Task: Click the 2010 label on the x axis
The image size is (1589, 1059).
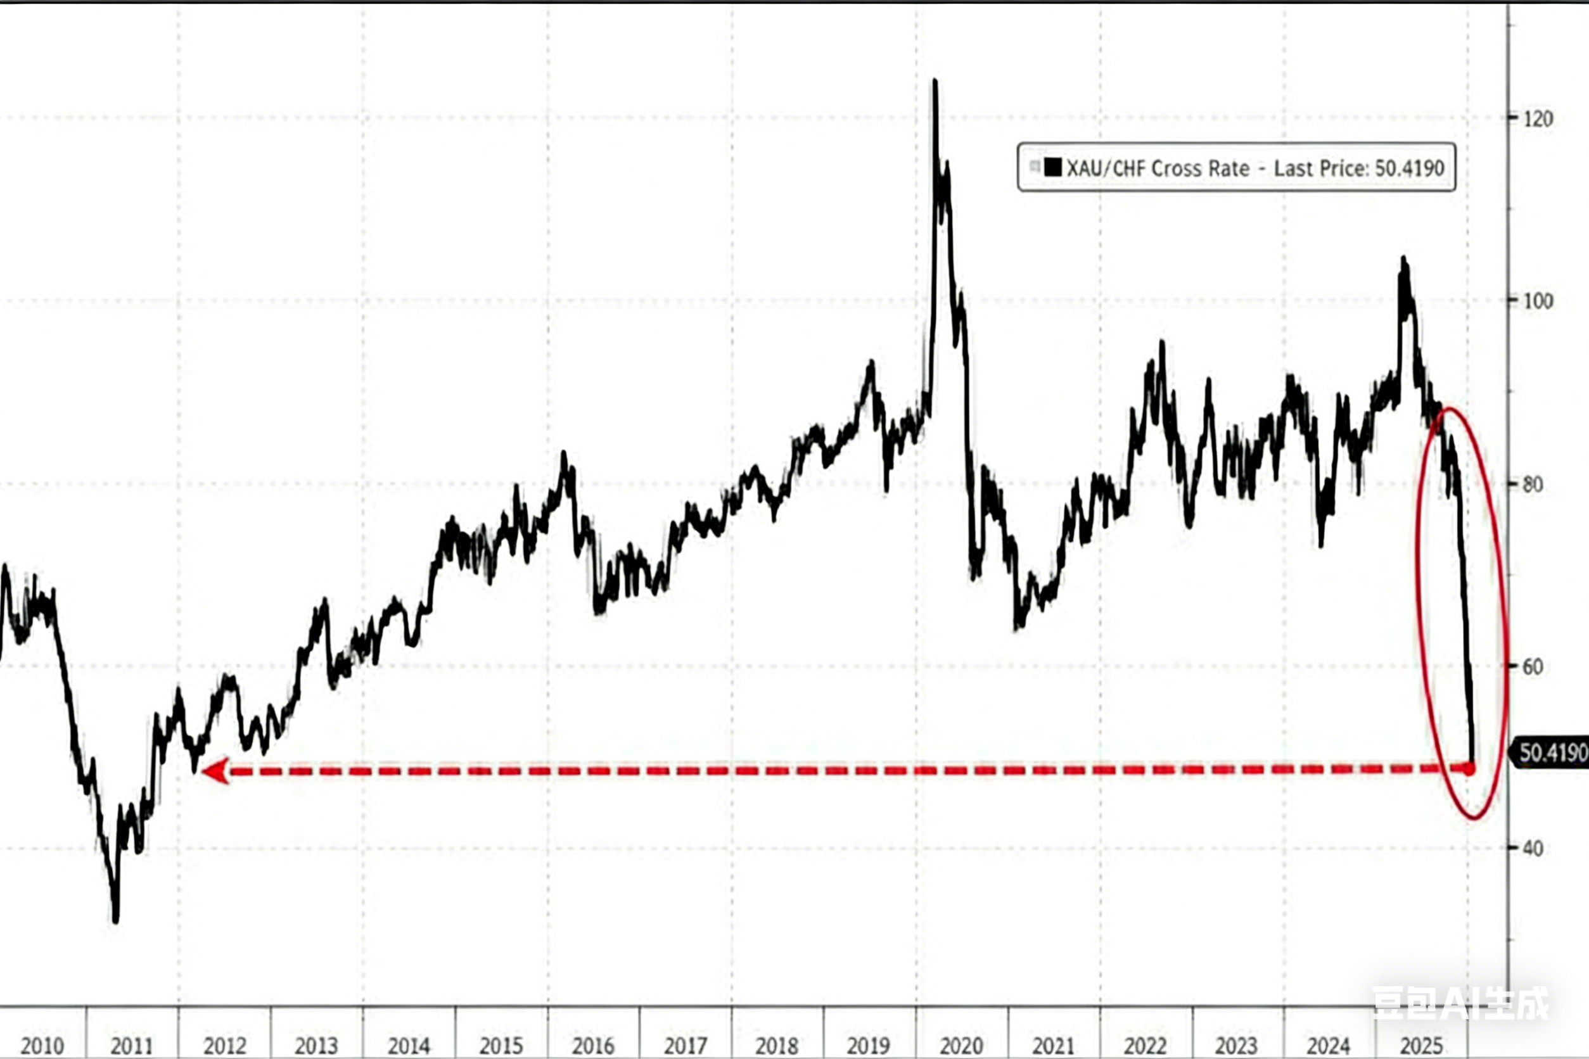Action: click(42, 1046)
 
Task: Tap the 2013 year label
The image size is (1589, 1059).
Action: click(316, 1046)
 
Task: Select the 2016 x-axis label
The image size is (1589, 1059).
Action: click(592, 1046)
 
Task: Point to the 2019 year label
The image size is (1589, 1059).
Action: click(869, 1046)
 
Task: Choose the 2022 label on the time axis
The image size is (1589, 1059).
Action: click(1145, 1046)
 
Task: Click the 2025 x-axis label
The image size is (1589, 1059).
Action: click(1422, 1046)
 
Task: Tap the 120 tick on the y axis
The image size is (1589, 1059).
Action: click(1538, 120)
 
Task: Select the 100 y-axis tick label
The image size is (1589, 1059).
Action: click(1538, 301)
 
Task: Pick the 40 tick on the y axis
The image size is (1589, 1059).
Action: click(1534, 849)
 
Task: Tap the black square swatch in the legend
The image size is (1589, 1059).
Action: click(1052, 167)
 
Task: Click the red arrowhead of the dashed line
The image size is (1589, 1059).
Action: click(215, 771)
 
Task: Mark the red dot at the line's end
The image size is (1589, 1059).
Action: click(1469, 768)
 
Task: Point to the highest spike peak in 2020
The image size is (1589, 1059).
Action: click(935, 81)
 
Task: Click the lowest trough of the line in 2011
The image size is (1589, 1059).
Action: click(115, 920)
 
